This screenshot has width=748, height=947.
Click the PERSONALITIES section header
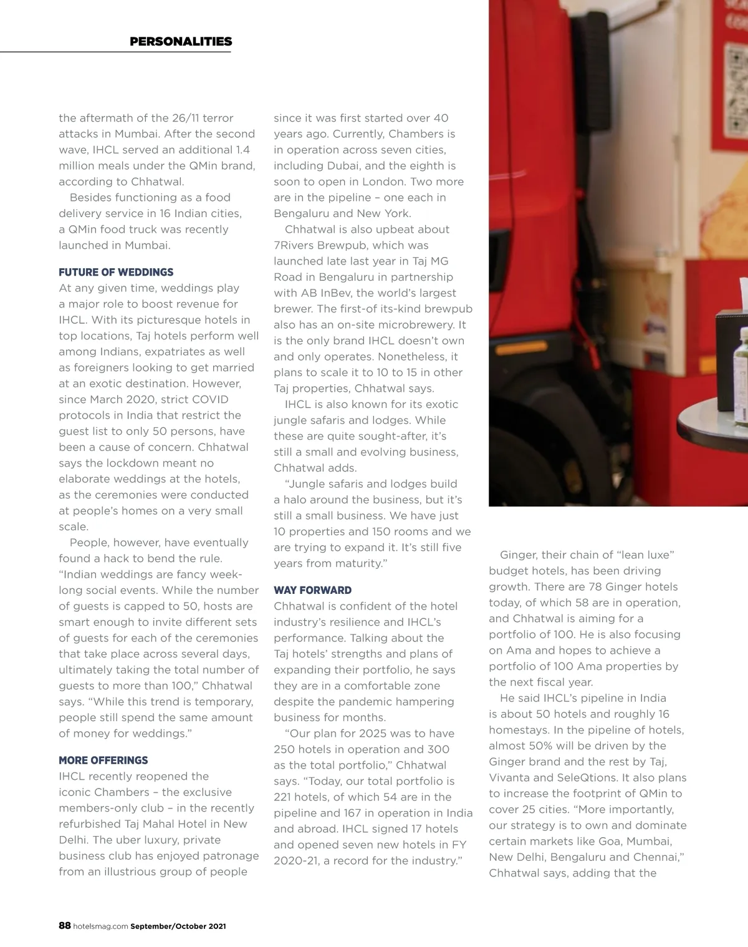[181, 42]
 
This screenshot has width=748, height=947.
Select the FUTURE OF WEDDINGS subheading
[116, 272]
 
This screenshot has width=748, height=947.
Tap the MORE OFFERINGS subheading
[103, 760]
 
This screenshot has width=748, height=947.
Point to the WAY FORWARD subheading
[312, 590]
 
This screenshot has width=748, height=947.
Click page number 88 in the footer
[65, 926]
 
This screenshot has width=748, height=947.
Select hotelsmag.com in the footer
[100, 926]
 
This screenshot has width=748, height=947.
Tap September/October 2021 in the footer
[178, 926]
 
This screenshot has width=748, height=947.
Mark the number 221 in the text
[284, 797]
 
